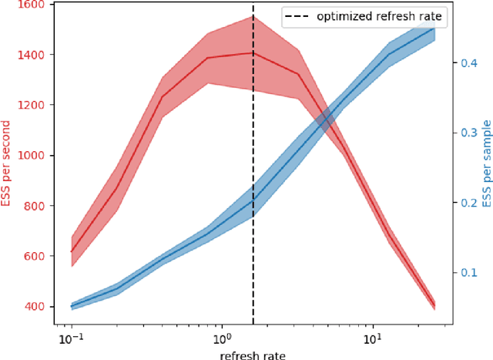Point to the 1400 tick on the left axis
pos(30,55)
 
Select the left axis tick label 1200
pos(30,105)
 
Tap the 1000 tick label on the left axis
pos(30,155)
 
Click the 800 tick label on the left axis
pos(33,206)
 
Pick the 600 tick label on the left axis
pos(33,256)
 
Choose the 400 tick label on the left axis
pos(33,306)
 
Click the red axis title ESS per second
pos(7,163)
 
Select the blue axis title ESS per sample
pos(485,163)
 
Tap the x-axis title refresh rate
pos(253,353)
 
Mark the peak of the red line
pos(252,52)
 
